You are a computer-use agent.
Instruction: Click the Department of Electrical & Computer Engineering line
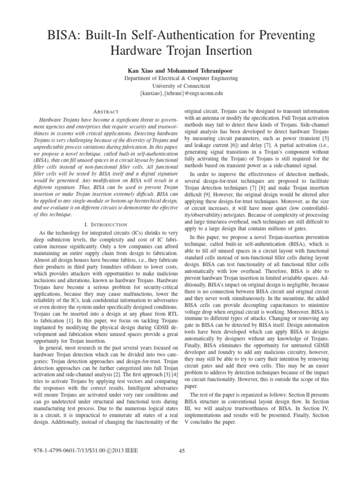point(180,78)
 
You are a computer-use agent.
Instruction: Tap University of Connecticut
point(180,86)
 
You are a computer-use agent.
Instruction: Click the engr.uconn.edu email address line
point(180,94)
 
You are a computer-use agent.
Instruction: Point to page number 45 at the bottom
point(182,451)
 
